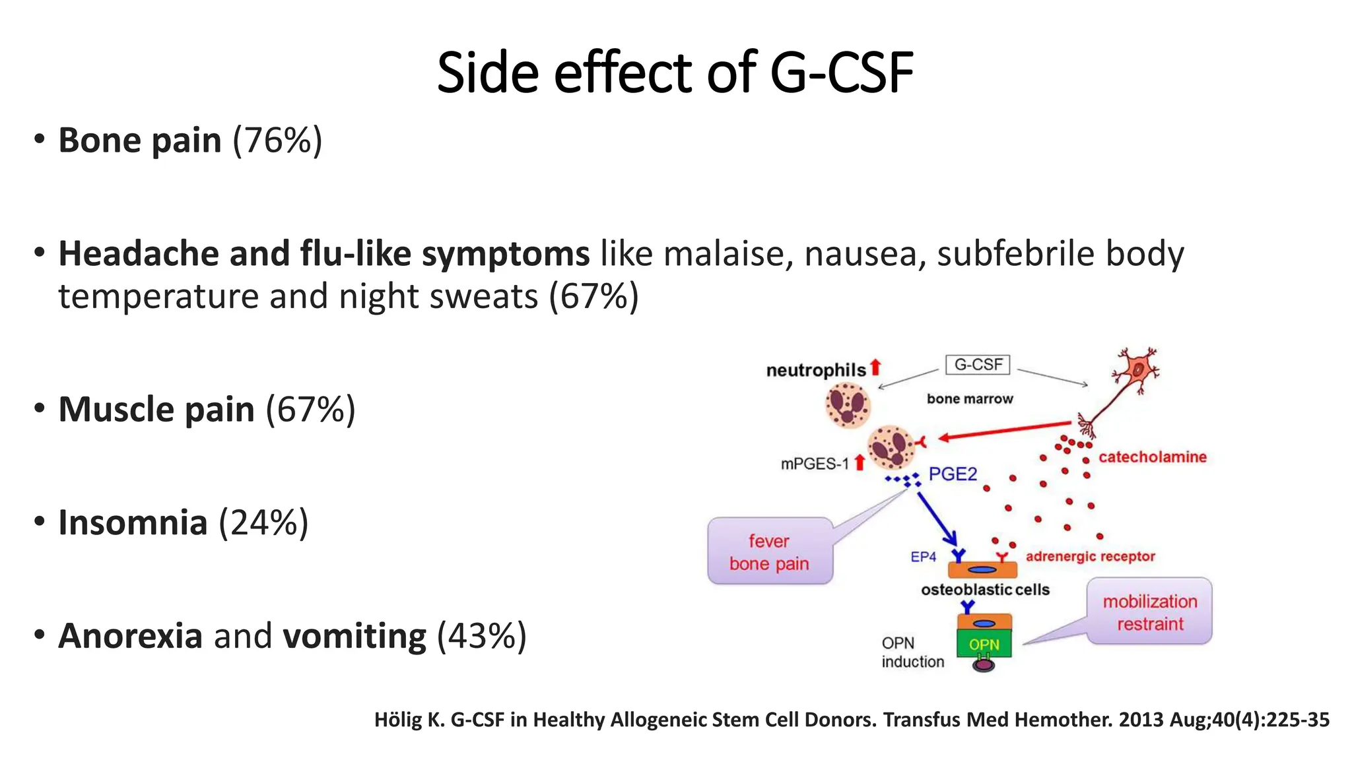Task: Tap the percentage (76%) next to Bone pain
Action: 277,141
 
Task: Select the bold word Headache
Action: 139,254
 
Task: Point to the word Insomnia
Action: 133,522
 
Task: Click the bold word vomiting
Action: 354,636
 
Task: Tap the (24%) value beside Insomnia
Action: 263,522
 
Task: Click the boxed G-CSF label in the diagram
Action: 977,365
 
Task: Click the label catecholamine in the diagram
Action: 1152,457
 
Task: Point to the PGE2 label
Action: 952,474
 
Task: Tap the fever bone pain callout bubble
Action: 769,552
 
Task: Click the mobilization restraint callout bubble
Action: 1149,612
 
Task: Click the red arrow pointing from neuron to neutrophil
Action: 1003,431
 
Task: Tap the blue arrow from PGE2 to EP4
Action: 936,518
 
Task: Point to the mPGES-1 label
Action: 815,464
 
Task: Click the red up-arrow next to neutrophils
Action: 875,367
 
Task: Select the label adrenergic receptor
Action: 1090,556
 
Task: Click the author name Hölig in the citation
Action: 398,720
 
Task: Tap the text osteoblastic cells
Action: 985,590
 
